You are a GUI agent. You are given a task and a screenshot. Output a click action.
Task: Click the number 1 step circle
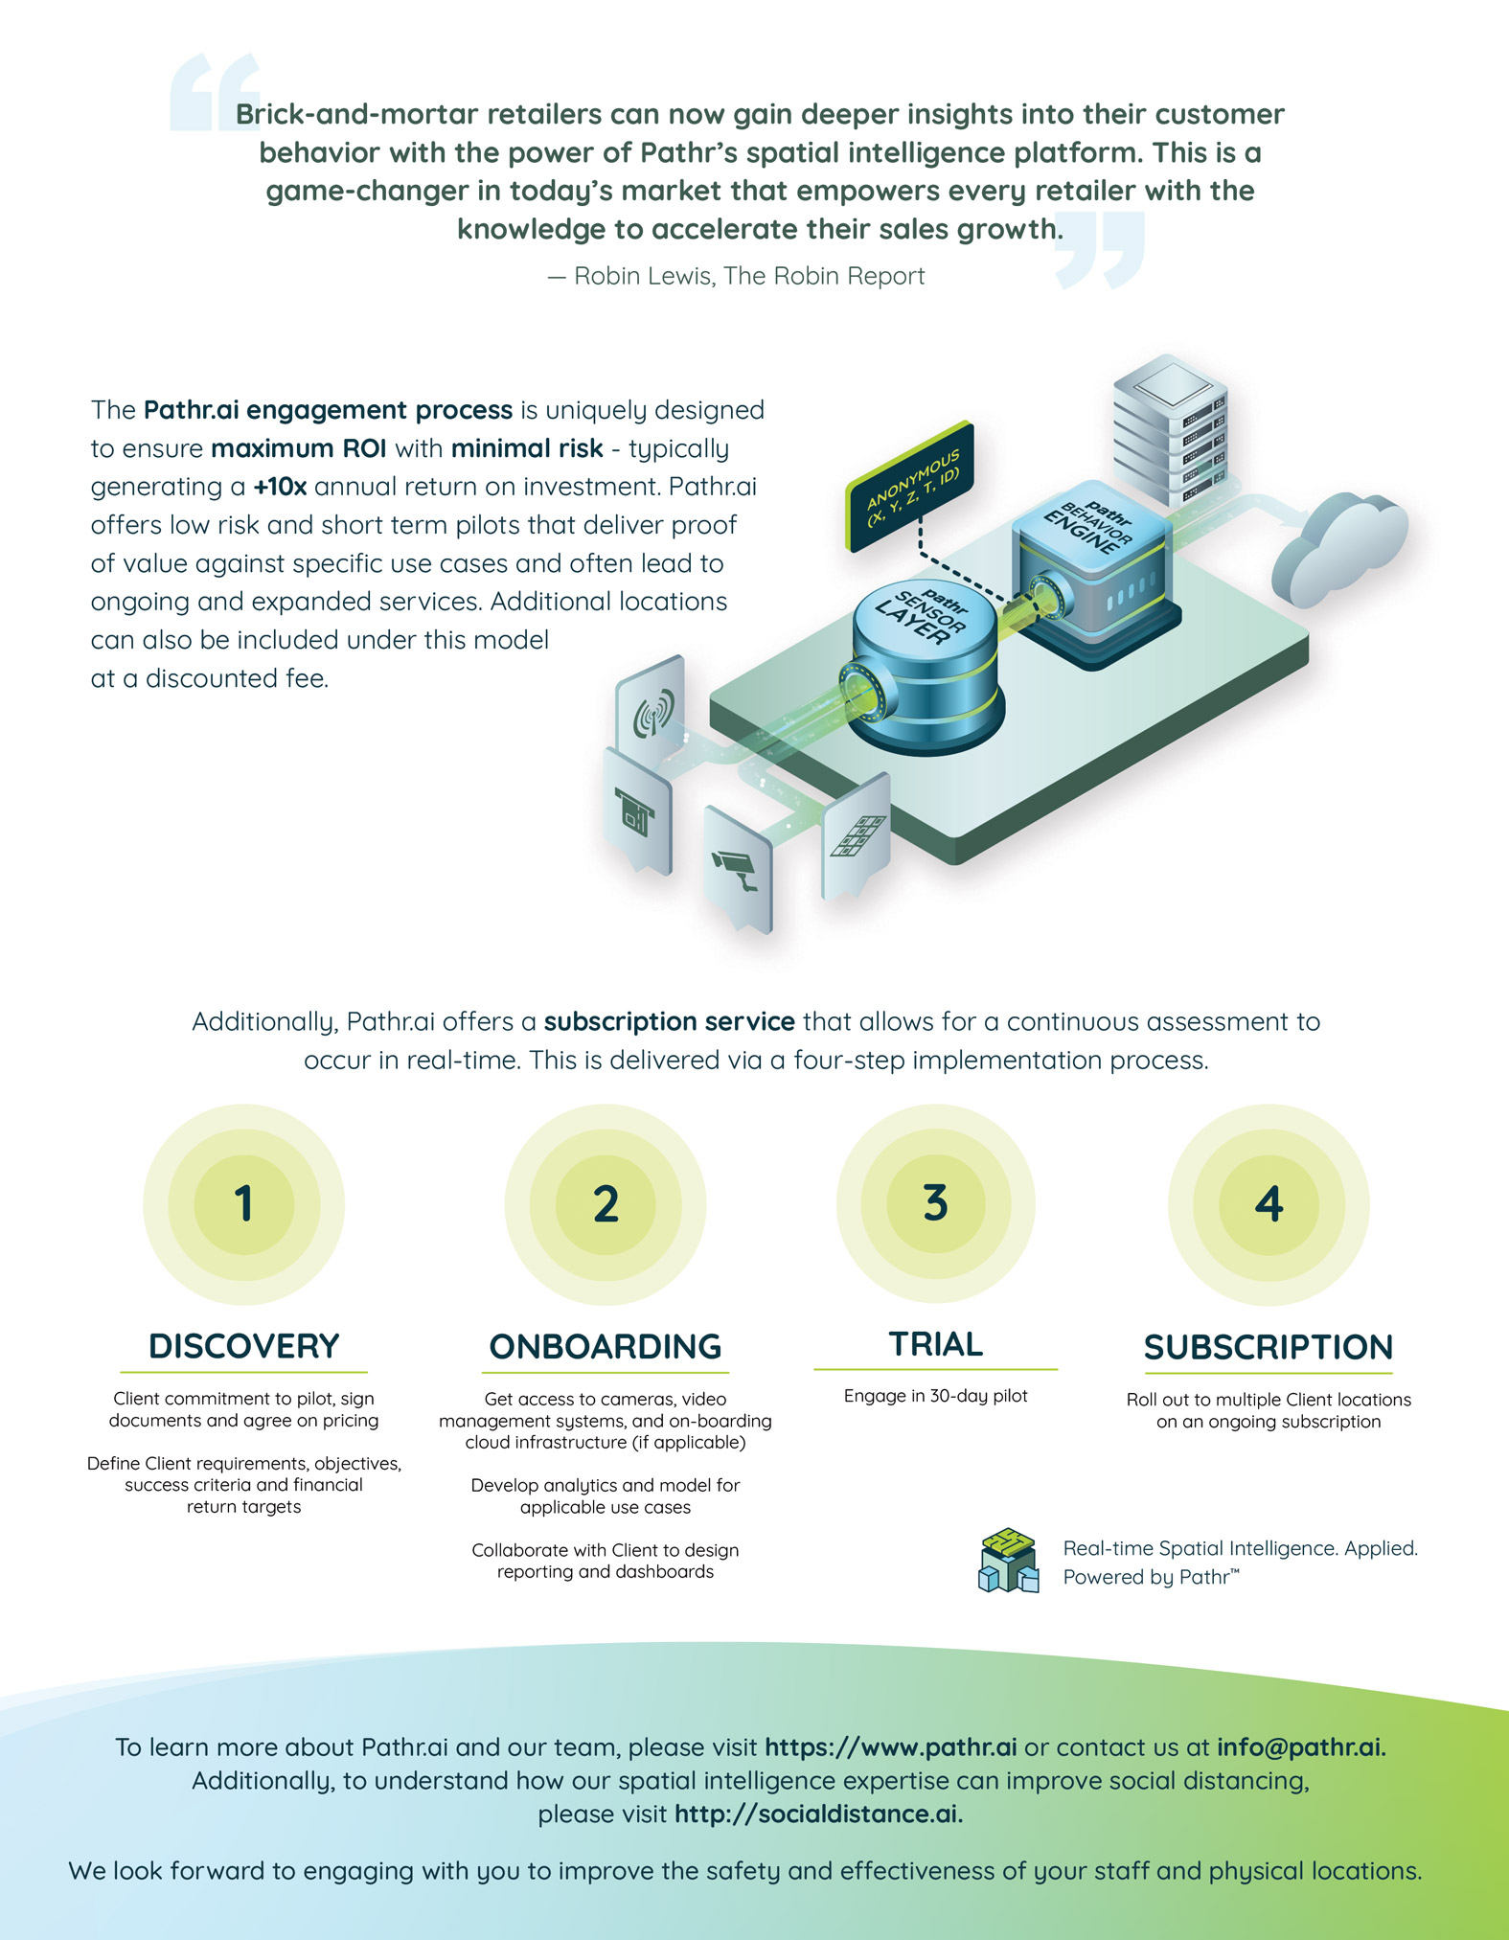pos(243,1203)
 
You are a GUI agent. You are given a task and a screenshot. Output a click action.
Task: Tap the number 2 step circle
pos(606,1203)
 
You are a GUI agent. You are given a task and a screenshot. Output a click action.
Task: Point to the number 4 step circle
pos(1269,1203)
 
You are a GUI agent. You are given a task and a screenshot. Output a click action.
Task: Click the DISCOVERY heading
pos(243,1346)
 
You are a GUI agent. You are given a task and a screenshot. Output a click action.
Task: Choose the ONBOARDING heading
pos(606,1346)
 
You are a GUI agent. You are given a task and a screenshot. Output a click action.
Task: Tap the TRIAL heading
pos(936,1343)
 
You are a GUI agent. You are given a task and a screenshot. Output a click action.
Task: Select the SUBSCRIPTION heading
pos(1269,1347)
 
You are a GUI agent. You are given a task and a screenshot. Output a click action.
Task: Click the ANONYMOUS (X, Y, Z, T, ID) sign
pos(911,487)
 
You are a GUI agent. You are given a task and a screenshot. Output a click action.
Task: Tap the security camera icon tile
pos(737,868)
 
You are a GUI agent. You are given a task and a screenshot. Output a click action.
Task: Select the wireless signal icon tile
pos(652,709)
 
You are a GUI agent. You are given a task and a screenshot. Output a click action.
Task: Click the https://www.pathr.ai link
pos(890,1746)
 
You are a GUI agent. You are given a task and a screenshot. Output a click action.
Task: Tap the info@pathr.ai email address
pos(1301,1746)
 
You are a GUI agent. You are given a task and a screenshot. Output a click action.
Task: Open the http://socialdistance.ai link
pos(818,1814)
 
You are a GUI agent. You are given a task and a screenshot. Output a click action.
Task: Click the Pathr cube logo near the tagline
pos(1009,1561)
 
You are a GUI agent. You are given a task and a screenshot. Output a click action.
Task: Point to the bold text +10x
pos(280,487)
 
